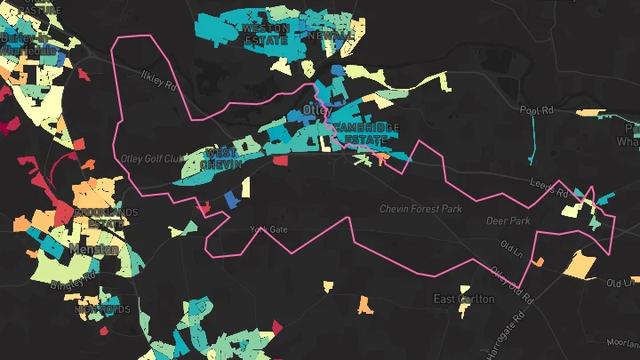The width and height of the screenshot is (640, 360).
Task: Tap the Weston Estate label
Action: [x=265, y=34]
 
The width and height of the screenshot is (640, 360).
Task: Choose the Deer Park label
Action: [x=507, y=220]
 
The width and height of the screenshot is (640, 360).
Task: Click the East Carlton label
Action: [x=463, y=300]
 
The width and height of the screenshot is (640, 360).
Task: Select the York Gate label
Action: [x=269, y=229]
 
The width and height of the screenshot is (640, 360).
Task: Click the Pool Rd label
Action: [x=537, y=109]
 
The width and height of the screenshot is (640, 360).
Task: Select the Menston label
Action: [x=94, y=250]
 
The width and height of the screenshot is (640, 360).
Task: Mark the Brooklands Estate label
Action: [x=106, y=218]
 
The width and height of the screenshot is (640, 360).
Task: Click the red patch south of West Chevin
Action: [x=281, y=162]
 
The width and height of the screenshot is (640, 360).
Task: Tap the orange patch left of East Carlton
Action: [x=364, y=305]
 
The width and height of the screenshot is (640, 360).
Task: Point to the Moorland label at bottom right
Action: [x=622, y=342]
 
